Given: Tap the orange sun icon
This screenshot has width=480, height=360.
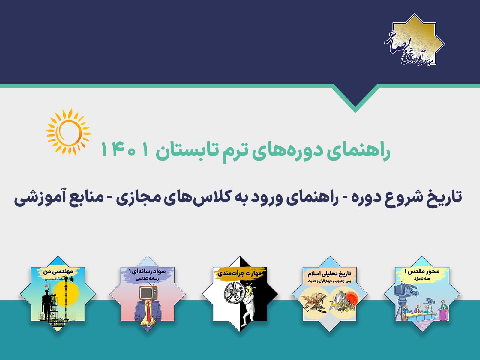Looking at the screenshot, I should (x=68, y=131).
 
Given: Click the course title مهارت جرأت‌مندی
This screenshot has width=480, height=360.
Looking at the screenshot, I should (x=240, y=273).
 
